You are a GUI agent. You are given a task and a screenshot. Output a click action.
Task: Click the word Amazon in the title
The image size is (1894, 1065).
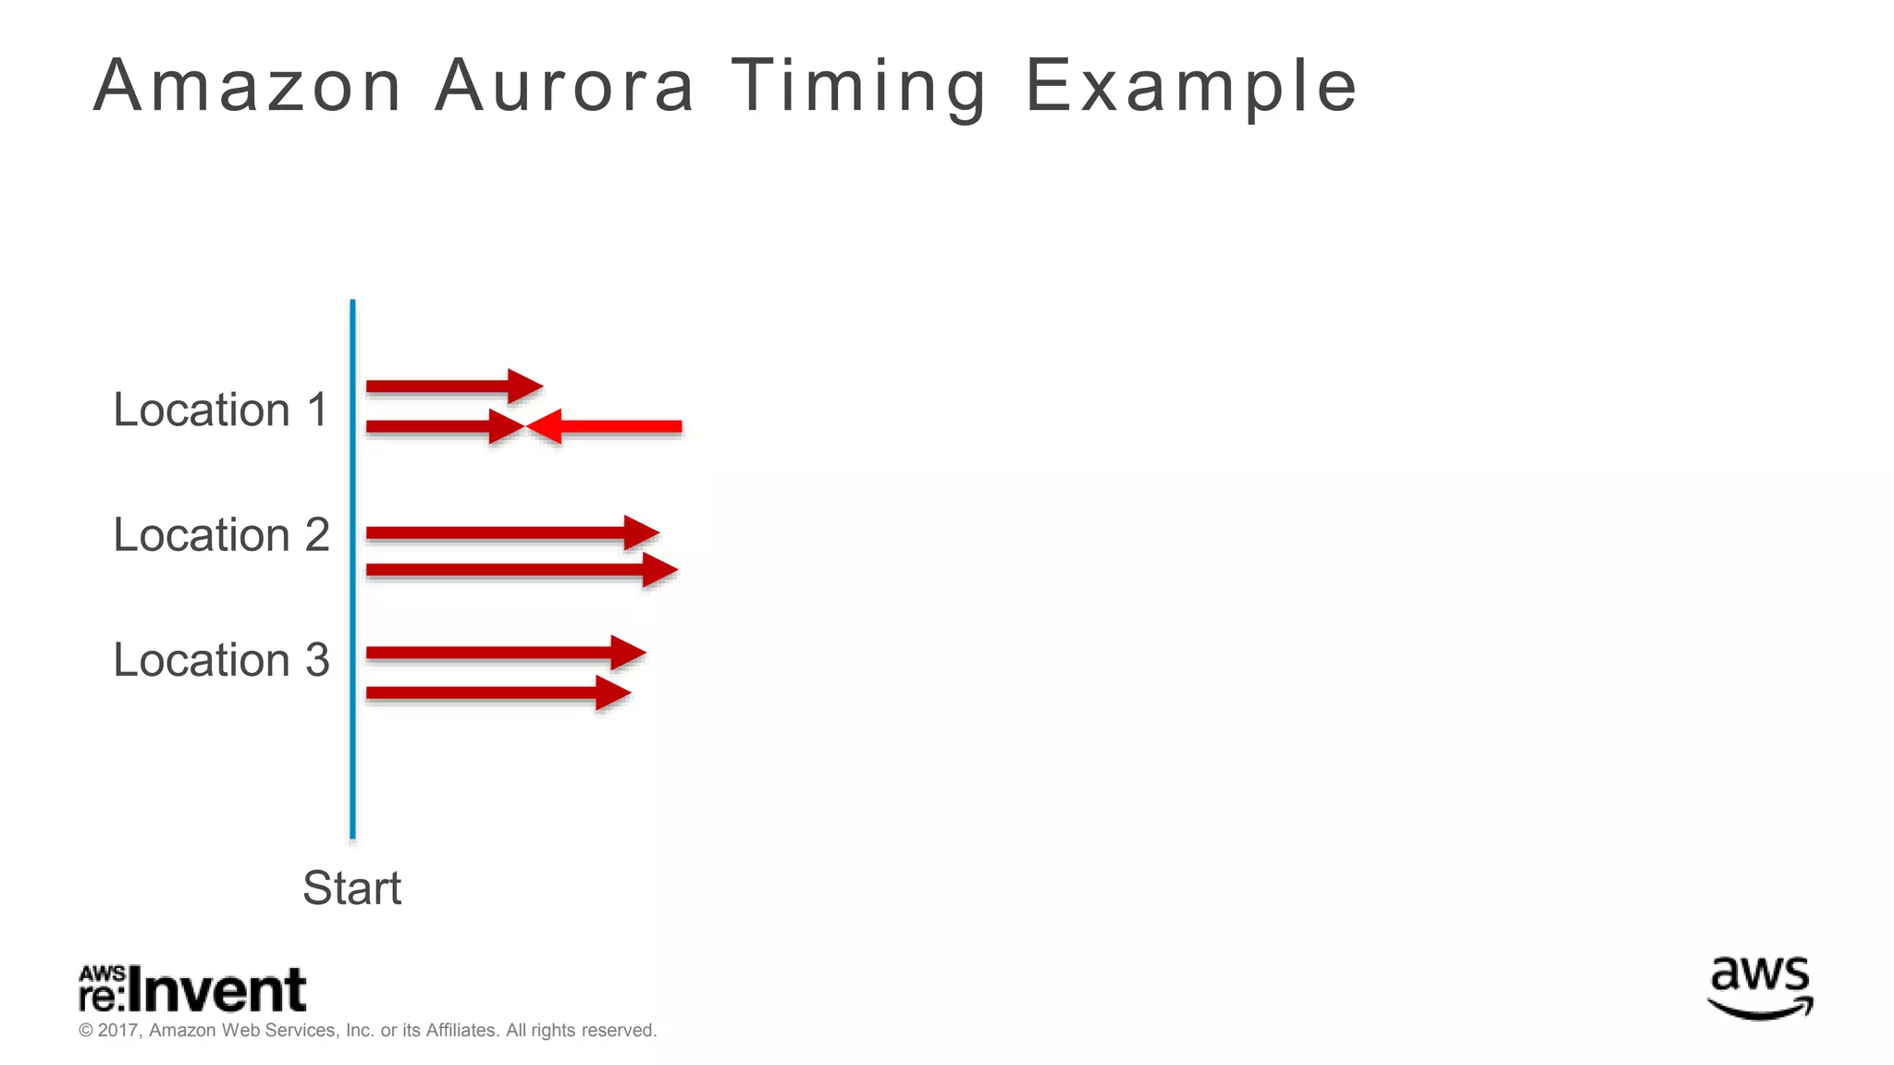click(x=248, y=86)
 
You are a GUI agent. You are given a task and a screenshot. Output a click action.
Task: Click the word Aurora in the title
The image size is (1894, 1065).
click(x=564, y=86)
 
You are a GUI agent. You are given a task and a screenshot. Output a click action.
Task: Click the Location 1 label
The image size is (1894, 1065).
click(x=220, y=410)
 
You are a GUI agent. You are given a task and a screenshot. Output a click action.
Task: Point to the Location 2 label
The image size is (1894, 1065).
click(x=220, y=534)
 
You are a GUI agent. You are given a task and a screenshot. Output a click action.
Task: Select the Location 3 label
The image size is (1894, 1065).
click(x=220, y=659)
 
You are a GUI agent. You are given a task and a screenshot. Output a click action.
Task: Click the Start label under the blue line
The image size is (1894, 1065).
click(x=351, y=887)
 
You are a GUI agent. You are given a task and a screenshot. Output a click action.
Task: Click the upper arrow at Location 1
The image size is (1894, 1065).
click(x=453, y=386)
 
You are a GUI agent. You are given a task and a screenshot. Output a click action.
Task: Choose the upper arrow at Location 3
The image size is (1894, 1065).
click(x=505, y=653)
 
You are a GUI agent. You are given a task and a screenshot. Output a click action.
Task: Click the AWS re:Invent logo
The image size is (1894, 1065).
click(x=192, y=990)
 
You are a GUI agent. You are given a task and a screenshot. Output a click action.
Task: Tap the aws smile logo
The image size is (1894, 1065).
click(x=1760, y=987)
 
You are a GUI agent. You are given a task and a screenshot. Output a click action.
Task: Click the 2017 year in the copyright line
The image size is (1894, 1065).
click(x=117, y=1031)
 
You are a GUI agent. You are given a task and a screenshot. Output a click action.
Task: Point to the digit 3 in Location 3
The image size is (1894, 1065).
click(x=317, y=660)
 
